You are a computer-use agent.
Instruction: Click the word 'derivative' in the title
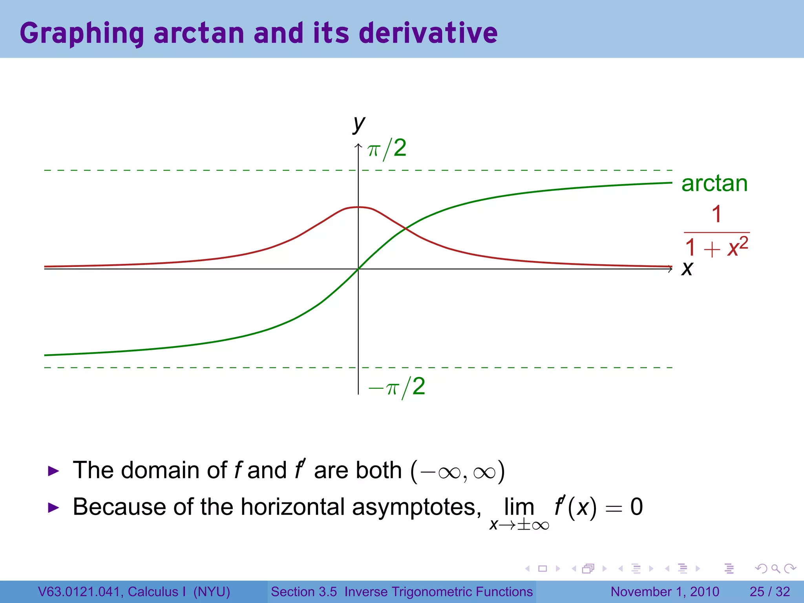pos(428,33)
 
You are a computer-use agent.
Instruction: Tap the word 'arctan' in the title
pos(199,33)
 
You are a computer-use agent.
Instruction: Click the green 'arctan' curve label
pos(714,183)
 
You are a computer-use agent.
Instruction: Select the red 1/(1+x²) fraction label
pos(716,232)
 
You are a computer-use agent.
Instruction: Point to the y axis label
pos(359,124)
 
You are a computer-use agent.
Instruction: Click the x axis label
pos(687,269)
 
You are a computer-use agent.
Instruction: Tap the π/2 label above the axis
pos(387,149)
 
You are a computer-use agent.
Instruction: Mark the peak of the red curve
pos(358,207)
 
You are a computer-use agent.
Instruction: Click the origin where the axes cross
pos(358,269)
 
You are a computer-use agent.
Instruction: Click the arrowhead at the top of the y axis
pos(358,146)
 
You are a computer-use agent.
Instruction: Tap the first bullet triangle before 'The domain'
pos(53,471)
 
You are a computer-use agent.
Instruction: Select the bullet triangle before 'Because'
pos(53,507)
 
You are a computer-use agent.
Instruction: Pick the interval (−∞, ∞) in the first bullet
pos(457,471)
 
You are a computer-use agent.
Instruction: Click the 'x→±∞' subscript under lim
pos(519,525)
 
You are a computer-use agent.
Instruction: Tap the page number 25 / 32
pos(769,592)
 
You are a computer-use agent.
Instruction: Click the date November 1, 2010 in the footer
pos(665,592)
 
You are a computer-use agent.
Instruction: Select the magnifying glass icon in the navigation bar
pos(775,568)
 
